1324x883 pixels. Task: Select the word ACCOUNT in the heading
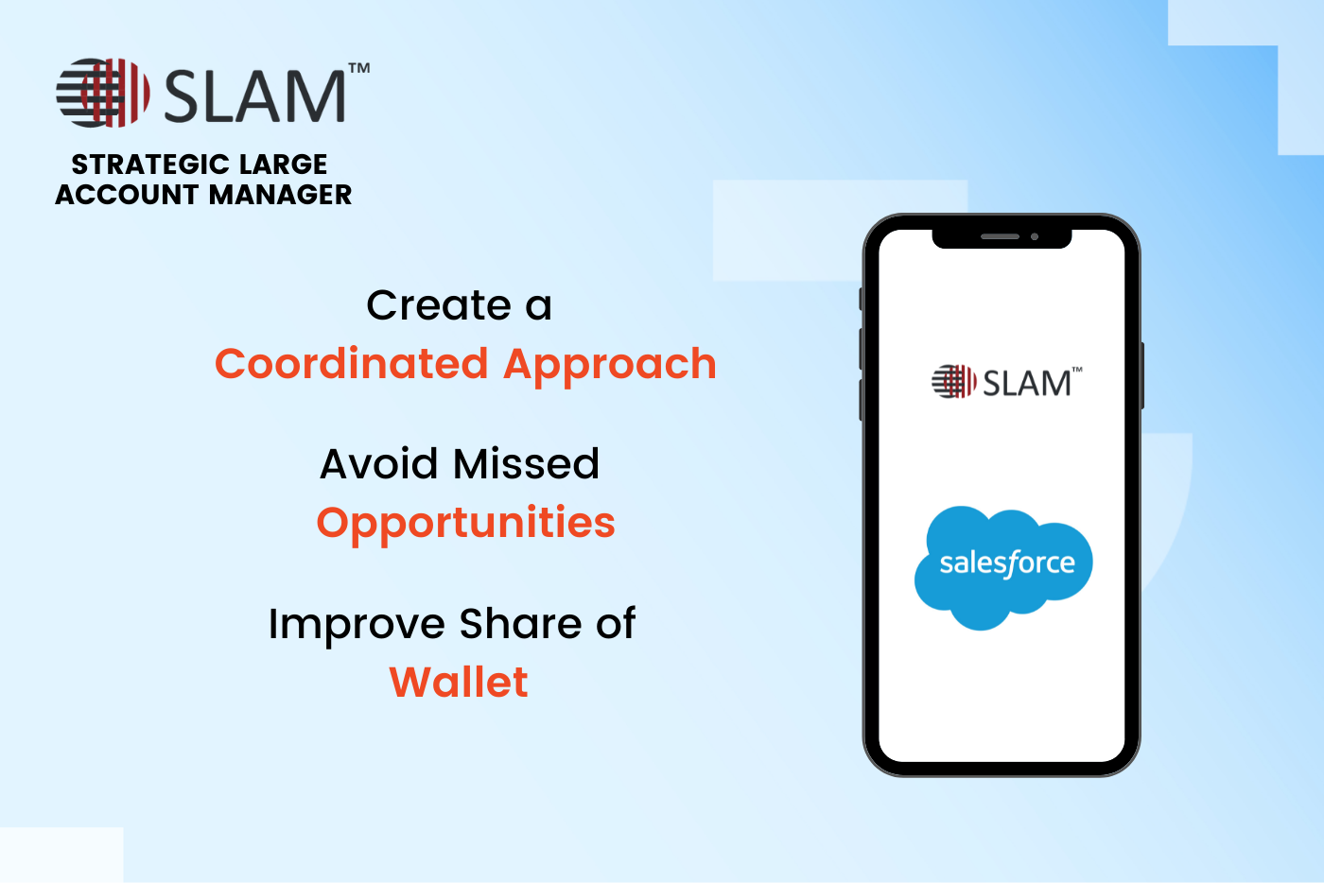coord(127,195)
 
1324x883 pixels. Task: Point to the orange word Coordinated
coord(352,363)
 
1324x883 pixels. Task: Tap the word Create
coord(439,305)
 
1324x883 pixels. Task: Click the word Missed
coord(527,464)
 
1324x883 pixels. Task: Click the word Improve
coord(357,625)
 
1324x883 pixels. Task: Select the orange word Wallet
coord(459,682)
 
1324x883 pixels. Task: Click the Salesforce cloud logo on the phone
coord(1003,567)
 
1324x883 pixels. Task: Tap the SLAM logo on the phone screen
coord(1007,382)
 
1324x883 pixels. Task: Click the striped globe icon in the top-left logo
coord(103,93)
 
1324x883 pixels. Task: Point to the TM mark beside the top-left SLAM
coord(359,68)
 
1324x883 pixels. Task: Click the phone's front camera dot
coord(1035,237)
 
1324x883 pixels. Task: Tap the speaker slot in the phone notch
coord(1001,237)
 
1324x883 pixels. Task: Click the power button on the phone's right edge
coord(1142,375)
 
